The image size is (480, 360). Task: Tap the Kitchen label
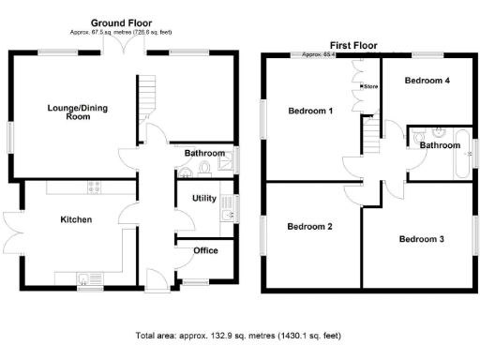tap(76, 219)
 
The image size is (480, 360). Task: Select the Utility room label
tap(204, 199)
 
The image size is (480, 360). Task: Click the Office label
tap(205, 250)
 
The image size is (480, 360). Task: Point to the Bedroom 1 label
tap(310, 112)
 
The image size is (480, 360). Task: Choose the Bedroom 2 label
tap(310, 226)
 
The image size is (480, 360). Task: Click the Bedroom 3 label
tap(422, 239)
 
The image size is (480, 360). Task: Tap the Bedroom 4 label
tap(427, 81)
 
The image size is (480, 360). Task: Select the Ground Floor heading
tap(122, 22)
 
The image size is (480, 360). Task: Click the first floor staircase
tap(373, 138)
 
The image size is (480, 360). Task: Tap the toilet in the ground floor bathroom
tap(204, 169)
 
